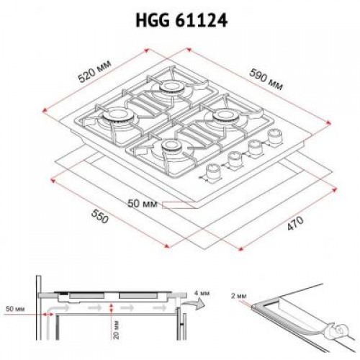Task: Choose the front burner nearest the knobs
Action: pyautogui.click(x=171, y=147)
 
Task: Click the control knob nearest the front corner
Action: pyautogui.click(x=213, y=171)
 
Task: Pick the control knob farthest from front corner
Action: pyautogui.click(x=274, y=135)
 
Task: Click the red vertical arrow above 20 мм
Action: pyautogui.click(x=109, y=307)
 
